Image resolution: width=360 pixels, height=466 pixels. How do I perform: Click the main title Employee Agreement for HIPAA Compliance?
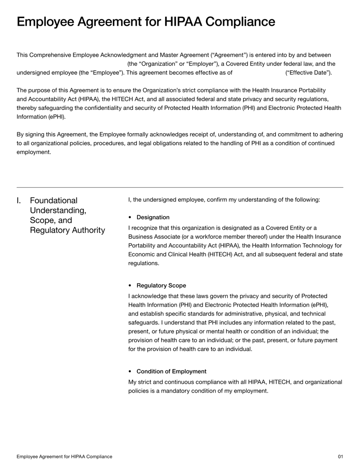tap(145, 22)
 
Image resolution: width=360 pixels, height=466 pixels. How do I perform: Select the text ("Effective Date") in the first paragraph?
tap(309, 72)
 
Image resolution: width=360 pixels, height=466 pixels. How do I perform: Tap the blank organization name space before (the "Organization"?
tap(71, 63)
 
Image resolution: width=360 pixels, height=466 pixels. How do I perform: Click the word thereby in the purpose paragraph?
tap(29, 108)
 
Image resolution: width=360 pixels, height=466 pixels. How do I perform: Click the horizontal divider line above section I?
tap(180, 187)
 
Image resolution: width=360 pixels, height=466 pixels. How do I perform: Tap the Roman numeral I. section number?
tap(19, 200)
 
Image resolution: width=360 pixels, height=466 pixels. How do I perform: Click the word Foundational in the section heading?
tap(54, 200)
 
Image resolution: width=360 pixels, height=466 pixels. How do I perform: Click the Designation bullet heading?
tap(153, 217)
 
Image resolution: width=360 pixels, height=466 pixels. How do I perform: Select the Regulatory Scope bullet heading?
tap(161, 285)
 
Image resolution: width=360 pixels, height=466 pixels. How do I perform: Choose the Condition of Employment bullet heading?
tap(171, 371)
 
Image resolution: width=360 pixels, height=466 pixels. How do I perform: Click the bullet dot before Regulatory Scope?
tap(130, 285)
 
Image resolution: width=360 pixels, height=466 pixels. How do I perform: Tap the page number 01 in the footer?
tap(340, 457)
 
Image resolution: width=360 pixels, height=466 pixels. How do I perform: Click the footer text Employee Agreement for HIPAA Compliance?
tap(64, 457)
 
